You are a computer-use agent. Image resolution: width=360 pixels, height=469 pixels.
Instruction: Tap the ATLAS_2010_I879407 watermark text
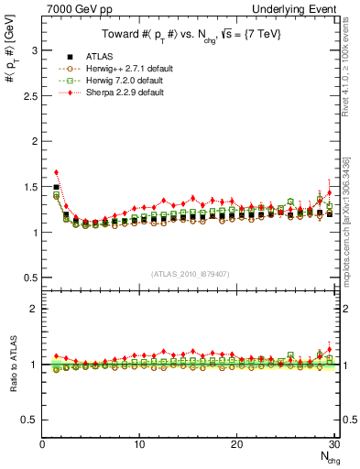190,273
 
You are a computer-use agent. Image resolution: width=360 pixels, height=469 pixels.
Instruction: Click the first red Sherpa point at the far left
56,172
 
